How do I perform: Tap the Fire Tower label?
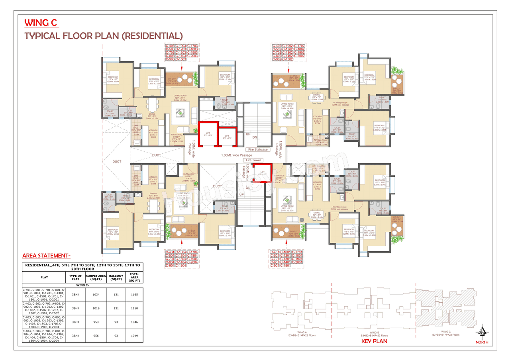(x=253, y=160)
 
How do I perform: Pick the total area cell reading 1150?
(x=134, y=308)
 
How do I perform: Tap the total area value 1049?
(x=134, y=336)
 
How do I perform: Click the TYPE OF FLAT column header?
(x=76, y=277)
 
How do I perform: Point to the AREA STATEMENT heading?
(x=46, y=256)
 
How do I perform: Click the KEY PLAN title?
(x=374, y=341)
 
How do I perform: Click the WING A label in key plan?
(x=302, y=332)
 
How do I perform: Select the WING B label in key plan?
(x=374, y=332)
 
